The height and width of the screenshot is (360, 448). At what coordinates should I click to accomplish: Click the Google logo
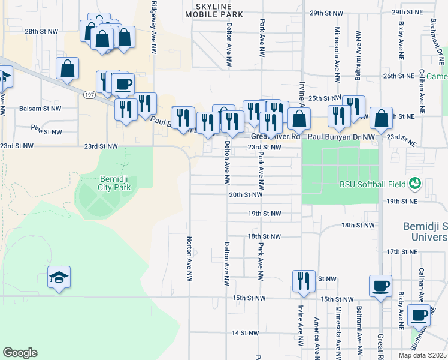click(20, 353)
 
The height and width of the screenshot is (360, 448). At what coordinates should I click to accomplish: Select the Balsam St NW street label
click(40, 109)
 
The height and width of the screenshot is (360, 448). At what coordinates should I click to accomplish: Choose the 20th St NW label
click(246, 194)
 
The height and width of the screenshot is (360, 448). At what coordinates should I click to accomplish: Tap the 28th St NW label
click(41, 31)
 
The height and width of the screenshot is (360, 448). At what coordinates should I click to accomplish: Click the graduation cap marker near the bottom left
click(59, 278)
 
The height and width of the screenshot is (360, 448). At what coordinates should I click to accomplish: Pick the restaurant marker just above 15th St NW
click(303, 280)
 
